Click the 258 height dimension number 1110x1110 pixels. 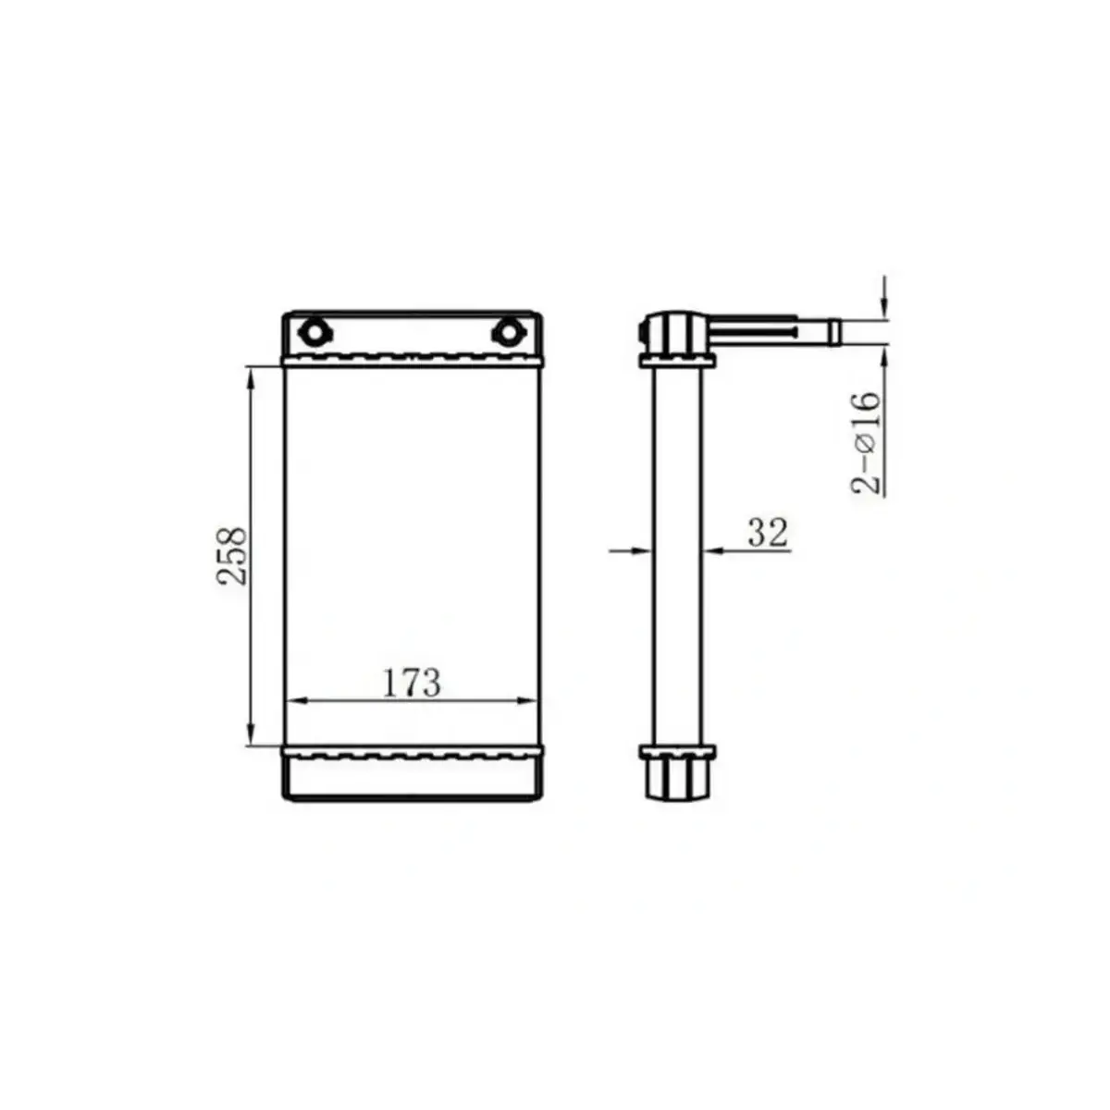click(232, 556)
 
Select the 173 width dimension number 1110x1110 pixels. click(412, 684)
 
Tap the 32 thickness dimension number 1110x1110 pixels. click(767, 533)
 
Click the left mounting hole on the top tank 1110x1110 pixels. click(313, 331)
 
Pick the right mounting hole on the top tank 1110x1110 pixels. click(506, 331)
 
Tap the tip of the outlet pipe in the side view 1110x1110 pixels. click(834, 331)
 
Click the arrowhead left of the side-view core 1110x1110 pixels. click(644, 550)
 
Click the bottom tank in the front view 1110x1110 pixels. click(412, 777)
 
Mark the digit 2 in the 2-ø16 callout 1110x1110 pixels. click(868, 484)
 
